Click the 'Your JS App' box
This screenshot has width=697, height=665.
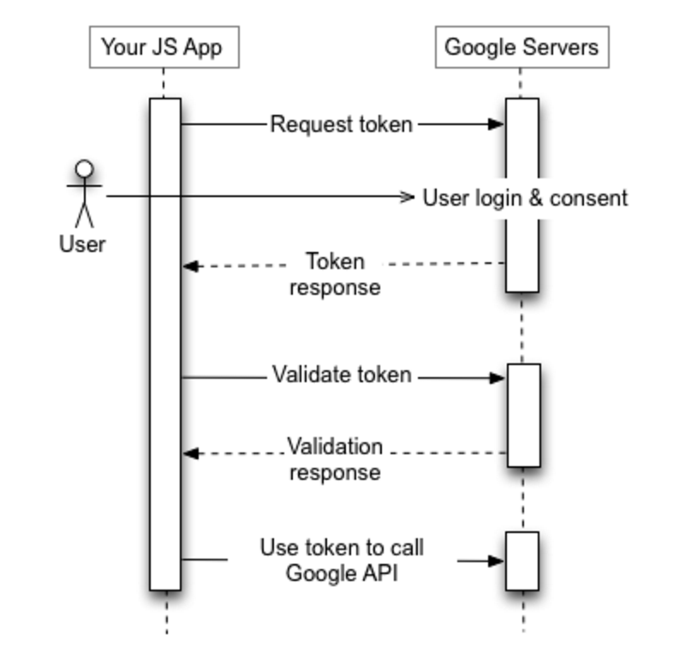click(163, 47)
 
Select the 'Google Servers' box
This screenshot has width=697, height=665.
click(521, 47)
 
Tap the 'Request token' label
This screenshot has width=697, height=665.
click(342, 124)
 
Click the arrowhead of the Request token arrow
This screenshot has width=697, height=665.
click(497, 124)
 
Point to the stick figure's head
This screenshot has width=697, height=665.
click(83, 170)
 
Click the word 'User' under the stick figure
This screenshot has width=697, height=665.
click(82, 244)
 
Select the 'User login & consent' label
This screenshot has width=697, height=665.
click(525, 198)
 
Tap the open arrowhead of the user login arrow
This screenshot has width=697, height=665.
click(408, 197)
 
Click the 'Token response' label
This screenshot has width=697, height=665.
click(335, 273)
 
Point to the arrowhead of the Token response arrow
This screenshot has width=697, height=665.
click(190, 267)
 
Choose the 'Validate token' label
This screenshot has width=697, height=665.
click(342, 375)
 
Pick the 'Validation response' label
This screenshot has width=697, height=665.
click(335, 459)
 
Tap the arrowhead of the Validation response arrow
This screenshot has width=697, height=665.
click(190, 452)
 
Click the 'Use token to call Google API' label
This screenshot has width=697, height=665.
click(342, 560)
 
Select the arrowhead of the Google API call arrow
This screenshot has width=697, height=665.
click(497, 561)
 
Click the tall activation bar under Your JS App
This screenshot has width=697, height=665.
click(165, 343)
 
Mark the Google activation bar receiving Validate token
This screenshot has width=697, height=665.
click(523, 415)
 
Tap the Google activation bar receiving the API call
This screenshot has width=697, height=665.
click(521, 560)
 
